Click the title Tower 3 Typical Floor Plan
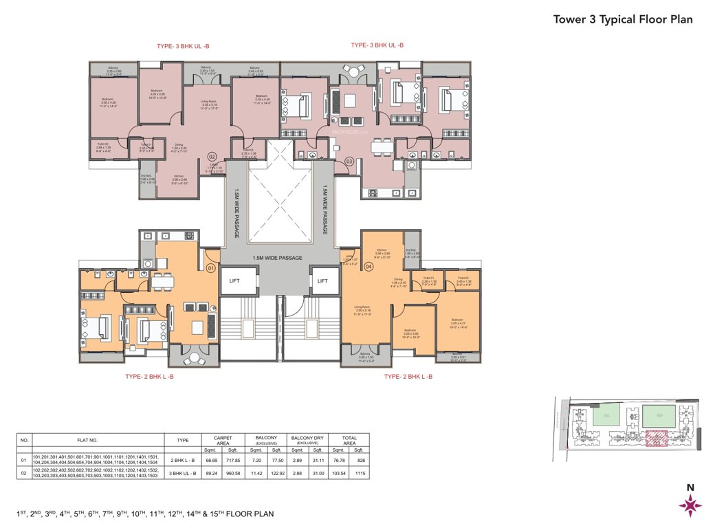pyautogui.click(x=623, y=19)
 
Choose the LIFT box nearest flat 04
pyautogui.click(x=321, y=280)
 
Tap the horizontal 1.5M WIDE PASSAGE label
pyautogui.click(x=277, y=258)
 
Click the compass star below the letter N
pyautogui.click(x=690, y=506)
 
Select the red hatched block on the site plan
pyautogui.click(x=656, y=439)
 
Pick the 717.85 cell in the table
pyautogui.click(x=236, y=460)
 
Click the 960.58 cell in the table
pyautogui.click(x=236, y=474)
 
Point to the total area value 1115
pyautogui.click(x=358, y=474)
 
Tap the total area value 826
pyautogui.click(x=358, y=460)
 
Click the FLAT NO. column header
pyautogui.click(x=98, y=441)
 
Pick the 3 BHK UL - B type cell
pyautogui.click(x=183, y=474)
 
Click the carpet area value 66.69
pyautogui.click(x=212, y=460)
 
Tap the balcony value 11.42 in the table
pyautogui.click(x=252, y=474)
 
